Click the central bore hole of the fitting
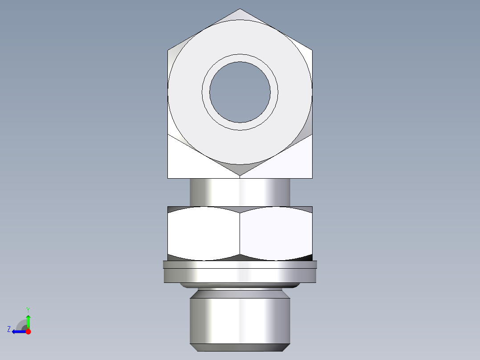[240, 92]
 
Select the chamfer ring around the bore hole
[240, 58]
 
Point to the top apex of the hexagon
[240, 9]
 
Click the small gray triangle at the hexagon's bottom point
[240, 169]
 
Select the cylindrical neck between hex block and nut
[240, 192]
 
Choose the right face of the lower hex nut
[276, 233]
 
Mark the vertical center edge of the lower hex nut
[240, 233]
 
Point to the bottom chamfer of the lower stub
[240, 347]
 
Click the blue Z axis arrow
[18, 331]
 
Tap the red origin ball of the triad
[28, 331]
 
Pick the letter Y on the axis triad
[28, 309]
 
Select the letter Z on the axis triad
[8, 329]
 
